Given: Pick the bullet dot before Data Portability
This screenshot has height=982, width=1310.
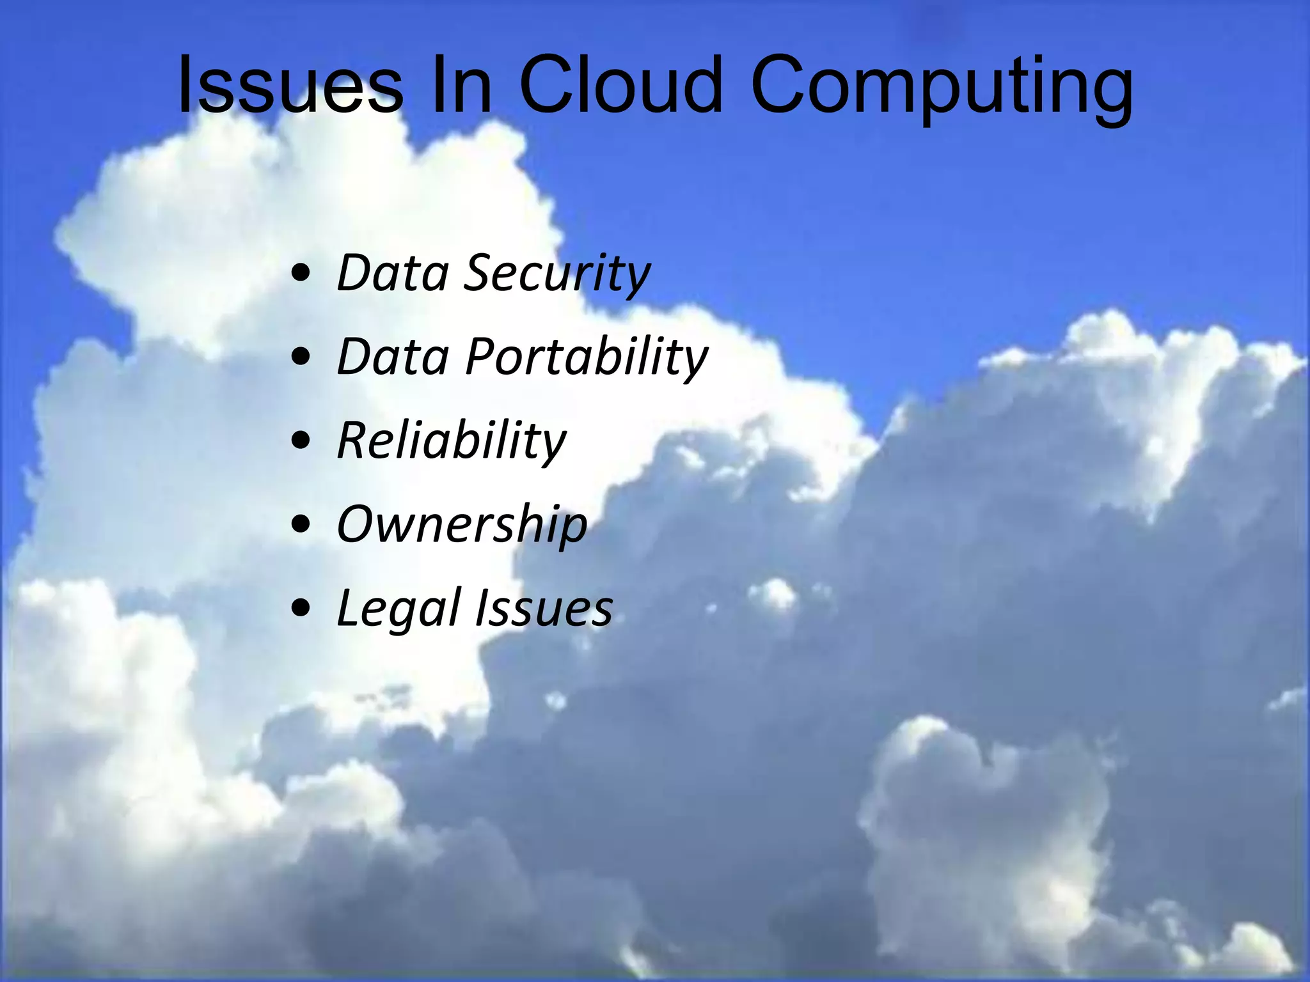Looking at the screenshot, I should click(x=301, y=359).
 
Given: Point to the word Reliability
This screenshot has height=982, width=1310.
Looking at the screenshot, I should click(x=452, y=441).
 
